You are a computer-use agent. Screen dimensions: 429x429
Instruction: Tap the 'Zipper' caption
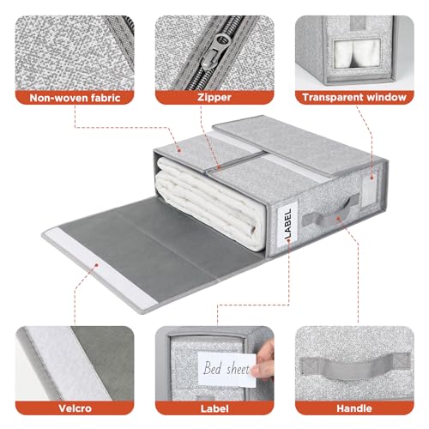pos(214,97)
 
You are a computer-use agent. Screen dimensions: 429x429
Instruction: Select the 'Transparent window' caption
pos(353,97)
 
